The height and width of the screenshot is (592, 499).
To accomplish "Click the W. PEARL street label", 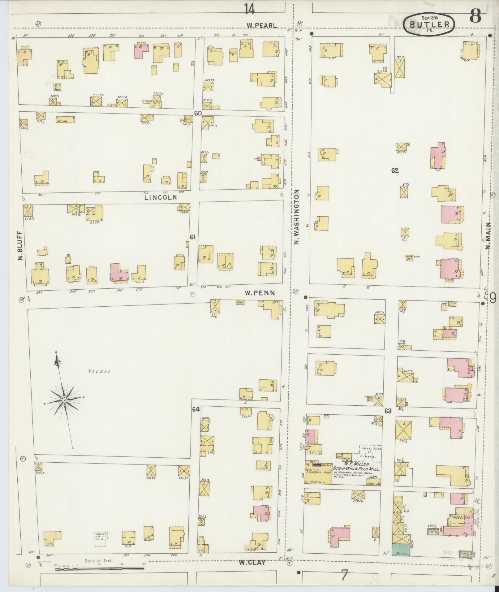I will [x=262, y=26].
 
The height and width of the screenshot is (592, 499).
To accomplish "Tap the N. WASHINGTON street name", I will [x=297, y=217].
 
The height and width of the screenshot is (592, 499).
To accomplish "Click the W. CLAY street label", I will [x=252, y=562].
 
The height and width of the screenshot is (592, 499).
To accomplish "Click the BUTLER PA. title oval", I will [x=429, y=24].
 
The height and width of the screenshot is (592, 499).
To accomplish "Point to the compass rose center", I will [x=64, y=400].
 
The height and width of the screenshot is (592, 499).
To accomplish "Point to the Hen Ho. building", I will [x=65, y=119].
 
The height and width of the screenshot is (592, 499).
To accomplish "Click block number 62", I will [x=394, y=171].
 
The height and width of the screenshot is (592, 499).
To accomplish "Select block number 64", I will [x=196, y=409].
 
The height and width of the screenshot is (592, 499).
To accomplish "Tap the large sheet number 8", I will [x=475, y=15].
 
